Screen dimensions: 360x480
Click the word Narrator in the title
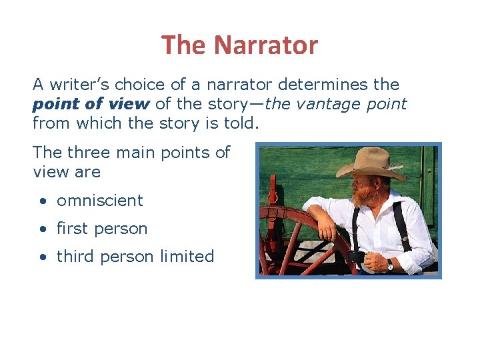266,45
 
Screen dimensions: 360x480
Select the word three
93,152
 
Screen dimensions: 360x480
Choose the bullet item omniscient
99,200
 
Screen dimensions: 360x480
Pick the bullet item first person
101,228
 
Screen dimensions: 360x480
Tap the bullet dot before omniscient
42,201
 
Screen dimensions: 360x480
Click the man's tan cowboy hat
370,163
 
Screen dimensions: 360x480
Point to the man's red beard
363,197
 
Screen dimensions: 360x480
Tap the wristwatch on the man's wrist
390,264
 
